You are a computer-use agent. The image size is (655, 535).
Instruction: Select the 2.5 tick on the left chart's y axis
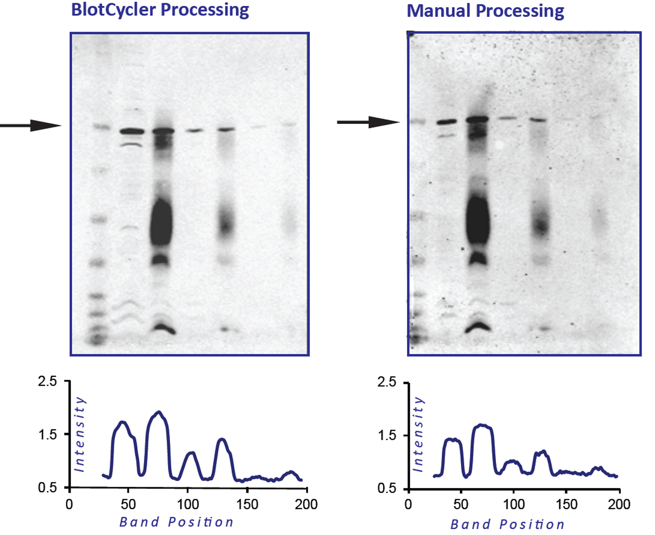pyautogui.click(x=47, y=382)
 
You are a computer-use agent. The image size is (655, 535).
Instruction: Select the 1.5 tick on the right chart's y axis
pyautogui.click(x=386, y=436)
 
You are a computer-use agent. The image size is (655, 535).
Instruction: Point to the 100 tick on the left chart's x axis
pyautogui.click(x=188, y=504)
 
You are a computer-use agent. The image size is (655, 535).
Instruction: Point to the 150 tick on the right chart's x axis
pyautogui.click(x=566, y=504)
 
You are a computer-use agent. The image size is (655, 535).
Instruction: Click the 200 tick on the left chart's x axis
pyautogui.click(x=306, y=504)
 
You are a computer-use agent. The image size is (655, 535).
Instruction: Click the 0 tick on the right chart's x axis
pyautogui.click(x=408, y=504)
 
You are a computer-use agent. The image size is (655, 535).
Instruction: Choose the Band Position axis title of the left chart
pyautogui.click(x=176, y=522)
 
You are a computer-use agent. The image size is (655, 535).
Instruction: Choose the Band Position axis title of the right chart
pyautogui.click(x=507, y=524)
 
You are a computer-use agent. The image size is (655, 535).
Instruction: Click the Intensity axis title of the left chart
pyautogui.click(x=79, y=434)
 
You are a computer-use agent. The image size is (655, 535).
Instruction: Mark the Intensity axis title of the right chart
pyautogui.click(x=418, y=434)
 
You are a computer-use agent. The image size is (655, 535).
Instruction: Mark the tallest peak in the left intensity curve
pyautogui.click(x=159, y=412)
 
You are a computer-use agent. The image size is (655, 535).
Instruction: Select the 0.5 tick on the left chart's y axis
pyautogui.click(x=47, y=488)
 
